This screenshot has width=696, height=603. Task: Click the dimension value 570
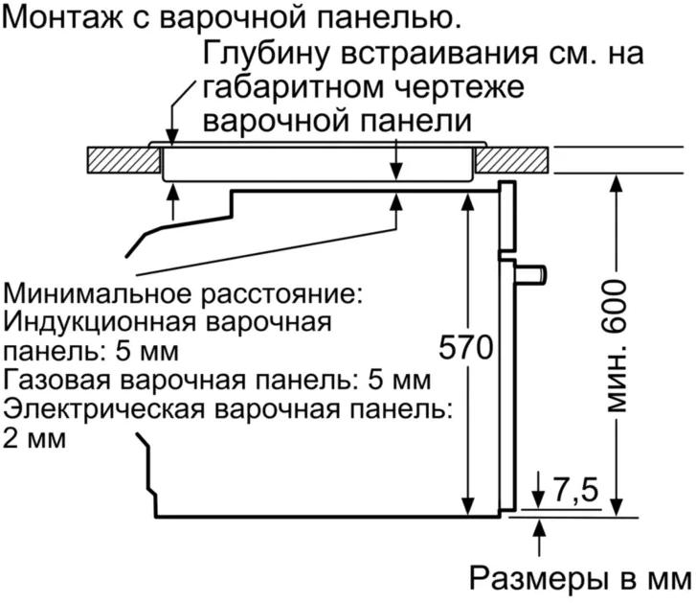[464, 346]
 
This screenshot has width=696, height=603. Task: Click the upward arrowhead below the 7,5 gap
[539, 526]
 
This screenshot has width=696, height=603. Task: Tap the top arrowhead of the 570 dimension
[467, 198]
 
